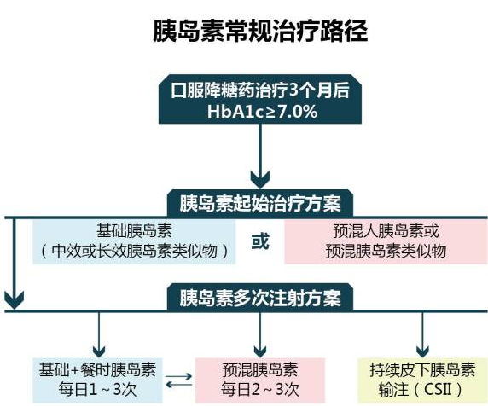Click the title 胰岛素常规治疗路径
pyautogui.click(x=260, y=31)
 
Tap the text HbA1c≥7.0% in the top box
pyautogui.click(x=263, y=112)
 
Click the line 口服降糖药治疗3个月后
pyautogui.click(x=260, y=90)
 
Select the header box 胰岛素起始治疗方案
pyautogui.click(x=260, y=204)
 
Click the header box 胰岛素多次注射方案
pyautogui.click(x=260, y=298)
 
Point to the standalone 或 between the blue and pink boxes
pyautogui.click(x=260, y=241)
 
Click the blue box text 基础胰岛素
pyautogui.click(x=134, y=231)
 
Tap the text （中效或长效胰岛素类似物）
pyautogui.click(x=134, y=251)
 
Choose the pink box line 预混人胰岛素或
pyautogui.click(x=386, y=231)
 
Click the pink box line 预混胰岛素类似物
pyautogui.click(x=386, y=251)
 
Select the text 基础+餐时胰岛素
pyautogui.click(x=97, y=370)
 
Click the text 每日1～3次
pyautogui.click(x=97, y=390)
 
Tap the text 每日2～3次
pyautogui.click(x=260, y=390)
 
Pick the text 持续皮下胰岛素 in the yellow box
pyautogui.click(x=422, y=370)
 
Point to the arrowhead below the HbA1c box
pyautogui.click(x=260, y=179)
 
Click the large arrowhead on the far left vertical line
pyautogui.click(x=14, y=299)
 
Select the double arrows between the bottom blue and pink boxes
pyautogui.click(x=178, y=380)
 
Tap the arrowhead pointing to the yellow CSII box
pyautogui.click(x=422, y=351)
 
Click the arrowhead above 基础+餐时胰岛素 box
pyautogui.click(x=99, y=351)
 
